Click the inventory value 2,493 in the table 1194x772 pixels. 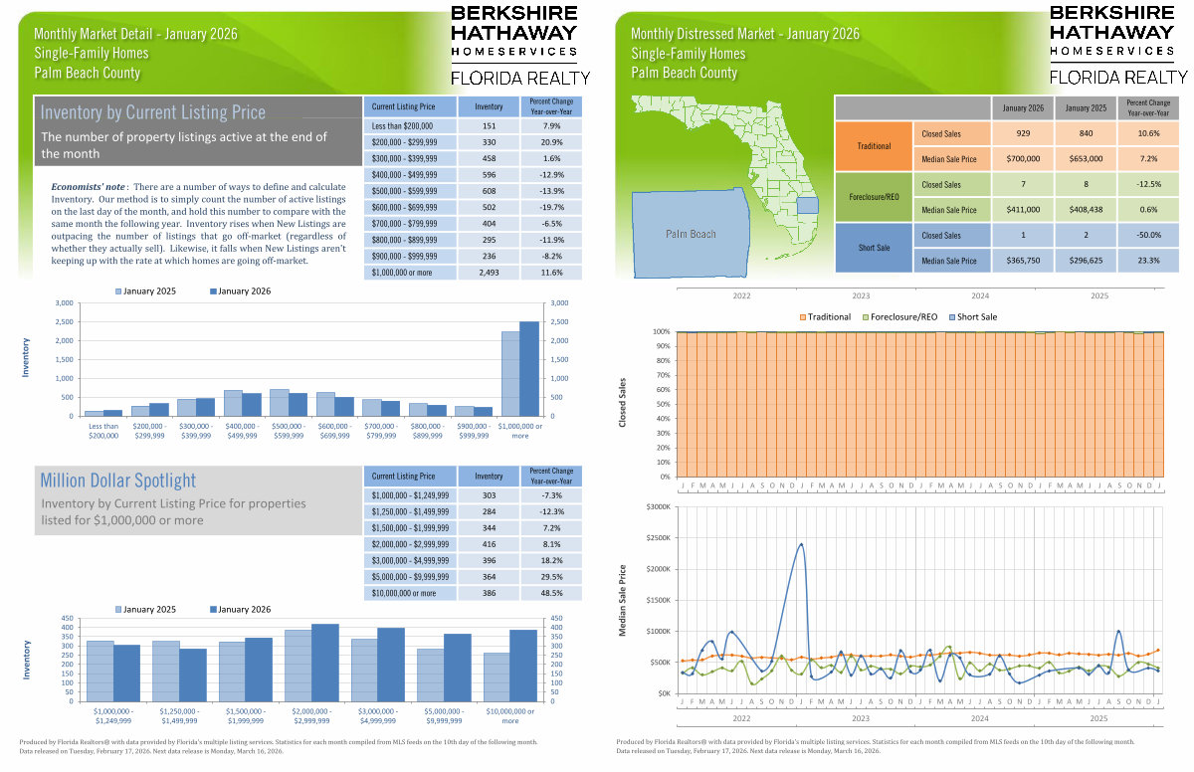point(489,272)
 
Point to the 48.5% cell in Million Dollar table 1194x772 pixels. point(551,593)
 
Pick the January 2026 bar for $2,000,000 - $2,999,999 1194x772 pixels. point(324,663)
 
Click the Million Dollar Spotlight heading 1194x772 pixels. point(118,481)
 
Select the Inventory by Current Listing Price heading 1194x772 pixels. point(153,112)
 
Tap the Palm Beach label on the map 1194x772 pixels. point(691,234)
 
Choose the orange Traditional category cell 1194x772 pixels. point(875,146)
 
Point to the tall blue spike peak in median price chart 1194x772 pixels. point(801,544)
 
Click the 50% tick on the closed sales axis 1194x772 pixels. point(663,404)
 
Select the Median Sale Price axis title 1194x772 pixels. point(623,600)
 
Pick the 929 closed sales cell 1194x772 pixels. point(1023,133)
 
